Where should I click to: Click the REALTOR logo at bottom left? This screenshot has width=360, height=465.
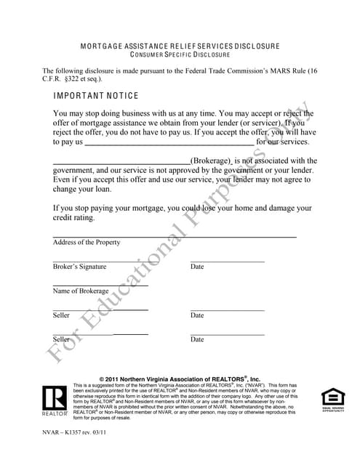pos(55,400)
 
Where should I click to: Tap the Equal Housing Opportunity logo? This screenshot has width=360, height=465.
pos(332,399)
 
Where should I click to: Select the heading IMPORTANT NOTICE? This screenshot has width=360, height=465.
pos(96,96)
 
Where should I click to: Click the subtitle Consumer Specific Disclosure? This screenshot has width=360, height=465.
pos(180,54)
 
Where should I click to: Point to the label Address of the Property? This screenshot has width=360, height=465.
pos(87,243)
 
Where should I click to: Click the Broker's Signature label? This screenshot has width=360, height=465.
pos(79,267)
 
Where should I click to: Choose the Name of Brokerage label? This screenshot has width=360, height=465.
pos(80,291)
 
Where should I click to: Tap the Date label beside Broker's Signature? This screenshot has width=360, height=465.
pos(197,267)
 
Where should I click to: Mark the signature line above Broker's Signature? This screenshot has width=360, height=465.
pos(100,261)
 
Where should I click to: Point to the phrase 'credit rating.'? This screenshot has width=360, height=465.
pos(74,218)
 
